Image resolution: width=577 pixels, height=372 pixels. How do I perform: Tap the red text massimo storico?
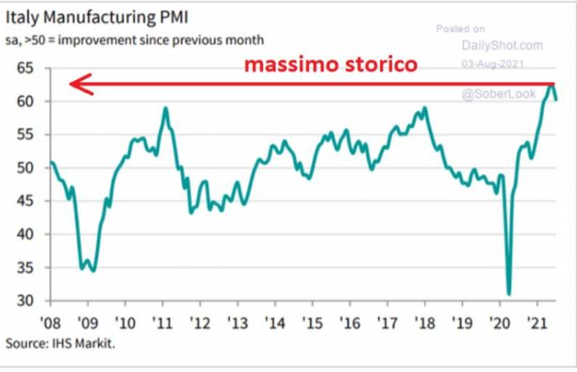[x=331, y=65]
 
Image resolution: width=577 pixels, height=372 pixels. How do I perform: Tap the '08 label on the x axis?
[x=51, y=321]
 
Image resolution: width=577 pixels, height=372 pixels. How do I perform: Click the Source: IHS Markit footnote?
[x=60, y=342]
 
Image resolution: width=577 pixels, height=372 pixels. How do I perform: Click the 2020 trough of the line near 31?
[x=509, y=294]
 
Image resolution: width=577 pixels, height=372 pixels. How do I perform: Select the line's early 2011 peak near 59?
[x=165, y=108]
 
